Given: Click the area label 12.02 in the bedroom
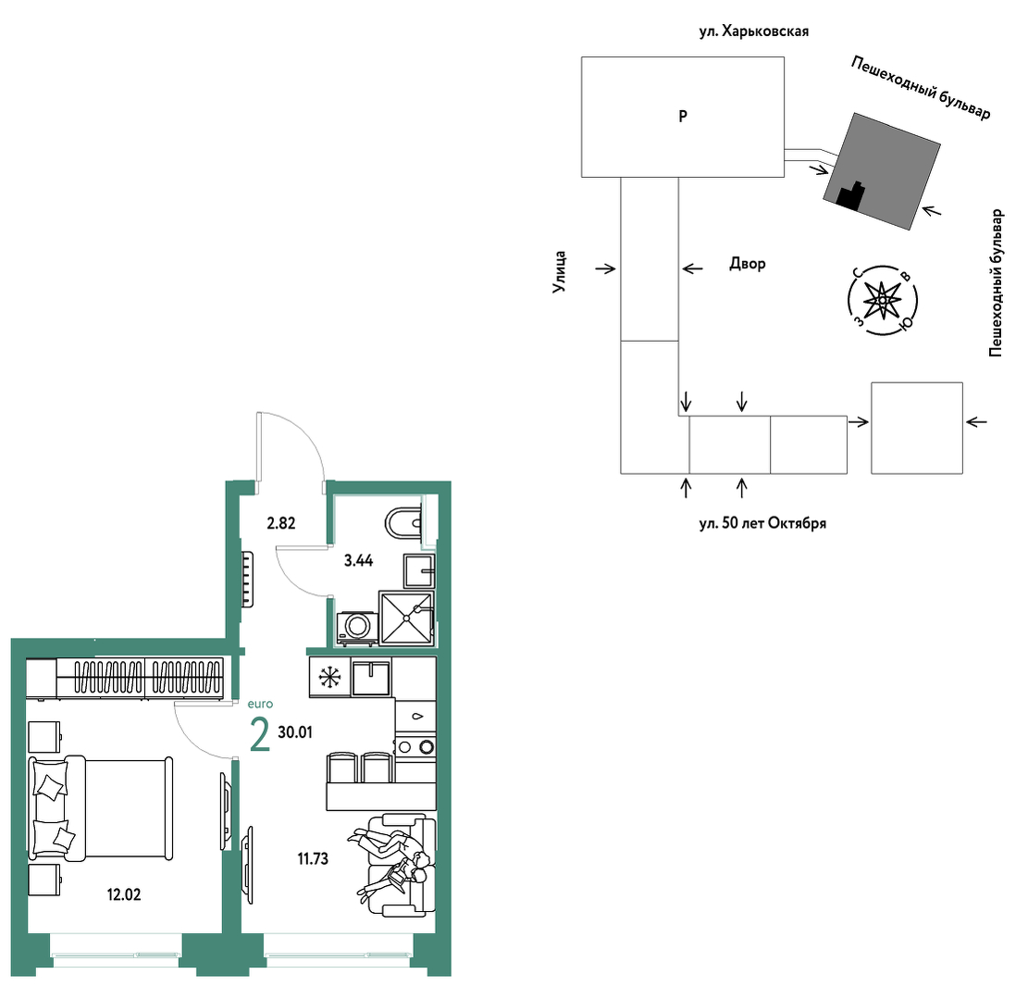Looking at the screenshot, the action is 124,894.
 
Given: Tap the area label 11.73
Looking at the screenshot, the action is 313,858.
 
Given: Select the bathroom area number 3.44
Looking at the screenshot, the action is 359,560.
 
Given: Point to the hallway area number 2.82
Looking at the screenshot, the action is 280,523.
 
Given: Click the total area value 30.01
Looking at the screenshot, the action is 295,732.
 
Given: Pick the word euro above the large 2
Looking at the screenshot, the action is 260,704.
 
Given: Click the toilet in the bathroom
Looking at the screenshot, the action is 403,523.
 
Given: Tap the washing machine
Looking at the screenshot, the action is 356,628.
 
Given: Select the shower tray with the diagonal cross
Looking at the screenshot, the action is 406,618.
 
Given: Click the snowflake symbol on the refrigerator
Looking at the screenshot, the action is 329,677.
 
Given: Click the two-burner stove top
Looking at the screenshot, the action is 415,746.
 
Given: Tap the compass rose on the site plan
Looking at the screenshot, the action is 883,301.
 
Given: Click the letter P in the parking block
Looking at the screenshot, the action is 683,116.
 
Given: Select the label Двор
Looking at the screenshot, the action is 748,264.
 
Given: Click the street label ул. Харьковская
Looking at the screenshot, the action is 753,31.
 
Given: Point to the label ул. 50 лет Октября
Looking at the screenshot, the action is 762,523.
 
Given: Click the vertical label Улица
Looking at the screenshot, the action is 559,271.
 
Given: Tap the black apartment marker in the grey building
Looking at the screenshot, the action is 850,196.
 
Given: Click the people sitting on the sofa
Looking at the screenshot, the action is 392,861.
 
